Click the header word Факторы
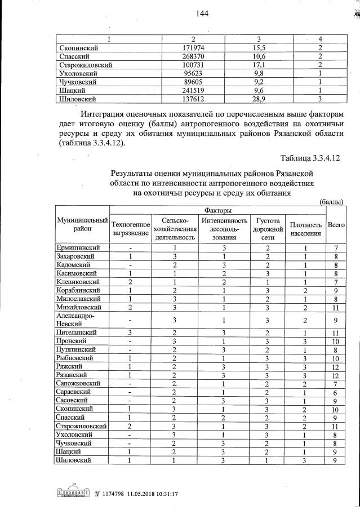coord(219,210)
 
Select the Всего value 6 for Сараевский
coord(336,392)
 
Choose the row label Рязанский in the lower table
coord(72,375)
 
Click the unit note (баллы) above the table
coord(331,201)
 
